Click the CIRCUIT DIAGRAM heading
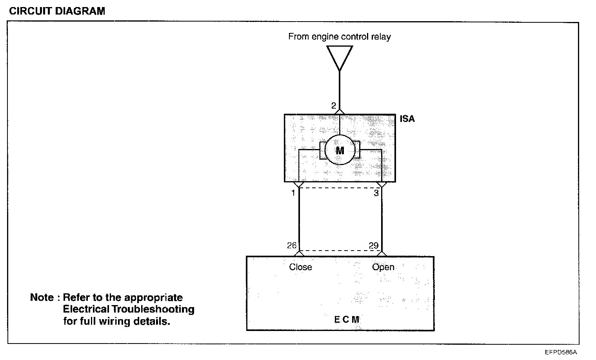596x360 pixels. pos(57,11)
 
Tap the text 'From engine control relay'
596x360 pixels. pos(340,37)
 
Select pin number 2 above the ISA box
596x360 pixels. pos(333,106)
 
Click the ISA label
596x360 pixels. pos(407,119)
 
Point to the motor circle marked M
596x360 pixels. pos(340,150)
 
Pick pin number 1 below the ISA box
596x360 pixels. pos(293,193)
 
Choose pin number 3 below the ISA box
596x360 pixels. pos(376,193)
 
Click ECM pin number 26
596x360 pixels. pos(292,245)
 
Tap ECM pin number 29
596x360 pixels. pos(374,245)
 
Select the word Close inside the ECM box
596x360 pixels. pos(300,267)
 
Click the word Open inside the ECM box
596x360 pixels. pos(383,267)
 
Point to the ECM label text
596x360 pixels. pos(346,319)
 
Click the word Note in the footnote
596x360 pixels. pos(42,298)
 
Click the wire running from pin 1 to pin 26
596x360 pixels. pos(299,220)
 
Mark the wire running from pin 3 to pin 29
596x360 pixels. pos(382,220)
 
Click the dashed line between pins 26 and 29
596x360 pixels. pos(340,251)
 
